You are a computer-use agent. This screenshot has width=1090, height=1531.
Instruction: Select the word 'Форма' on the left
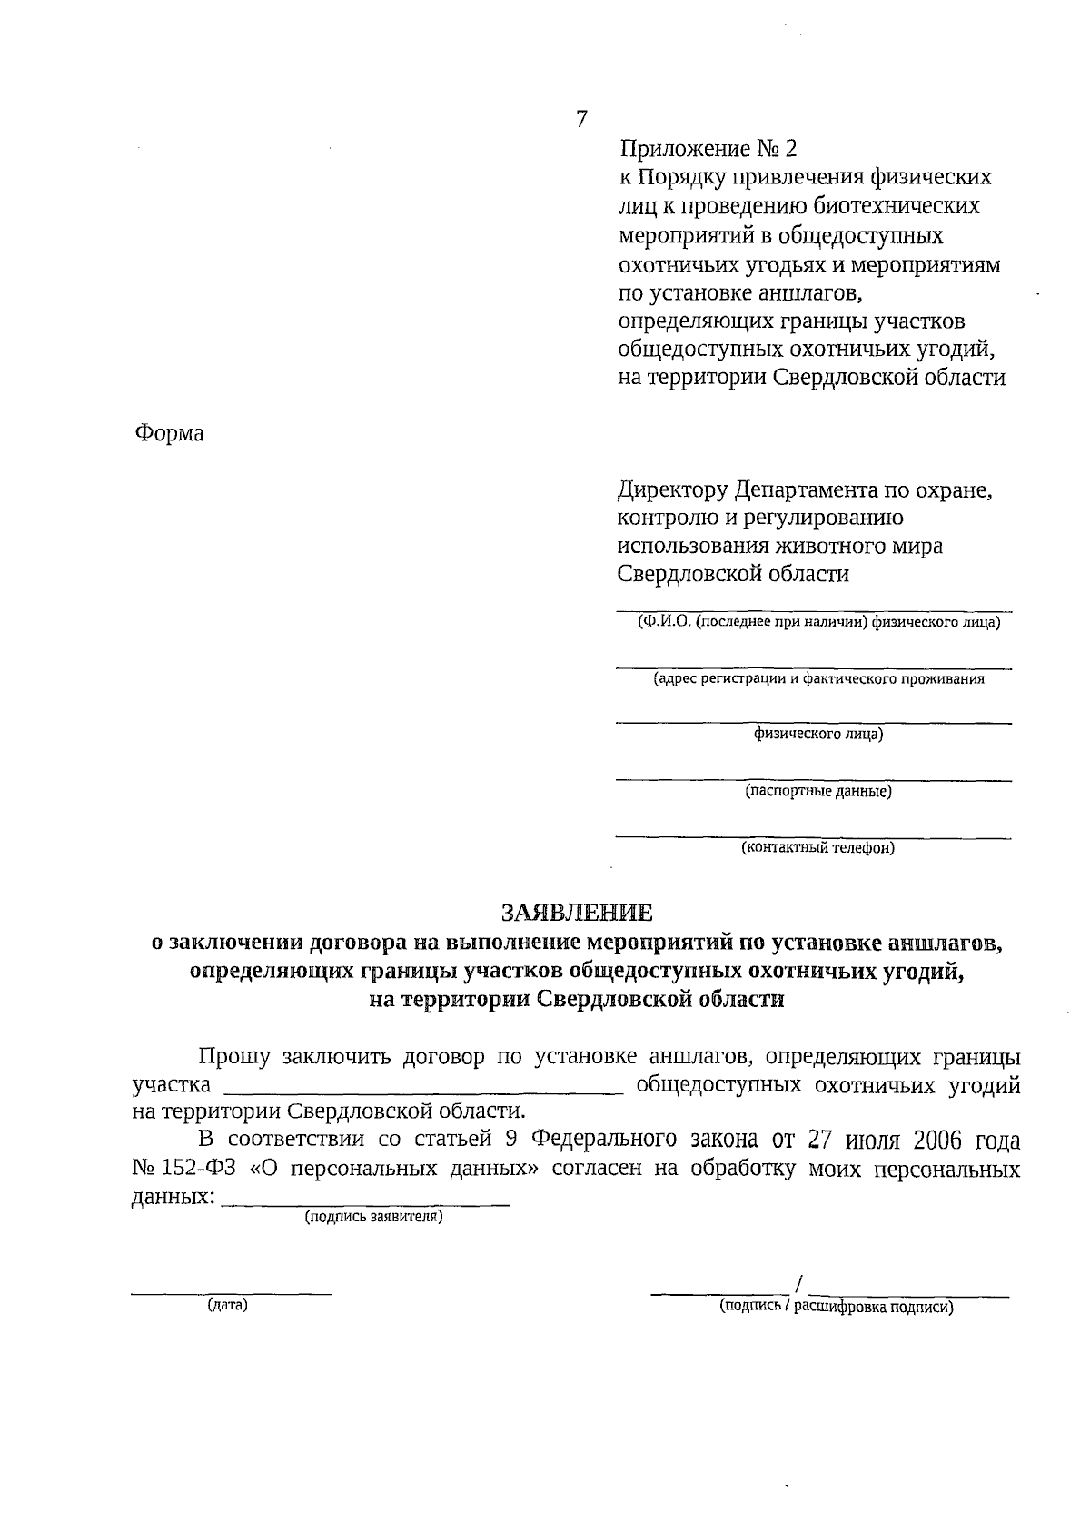pyautogui.click(x=170, y=433)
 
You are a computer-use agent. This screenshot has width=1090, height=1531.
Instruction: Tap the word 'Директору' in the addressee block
pyautogui.click(x=673, y=490)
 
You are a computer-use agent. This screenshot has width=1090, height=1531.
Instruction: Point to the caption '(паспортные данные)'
pyautogui.click(x=818, y=791)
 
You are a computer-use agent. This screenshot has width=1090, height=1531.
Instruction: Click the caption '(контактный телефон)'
pyautogui.click(x=818, y=848)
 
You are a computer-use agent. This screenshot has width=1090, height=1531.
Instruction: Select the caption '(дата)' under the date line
pyautogui.click(x=227, y=1306)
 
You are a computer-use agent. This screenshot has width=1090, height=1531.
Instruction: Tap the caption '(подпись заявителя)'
pyautogui.click(x=373, y=1217)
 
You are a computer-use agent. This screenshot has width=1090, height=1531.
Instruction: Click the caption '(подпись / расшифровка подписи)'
pyautogui.click(x=836, y=1308)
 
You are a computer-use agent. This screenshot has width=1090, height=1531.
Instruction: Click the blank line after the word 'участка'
pyautogui.click(x=423, y=1094)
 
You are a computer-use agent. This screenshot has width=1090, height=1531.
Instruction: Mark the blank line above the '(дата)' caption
pyautogui.click(x=232, y=1292)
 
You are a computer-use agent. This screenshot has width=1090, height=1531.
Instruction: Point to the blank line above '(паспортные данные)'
pyautogui.click(x=814, y=779)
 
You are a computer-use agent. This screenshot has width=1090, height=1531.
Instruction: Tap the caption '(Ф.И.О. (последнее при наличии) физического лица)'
pyautogui.click(x=818, y=622)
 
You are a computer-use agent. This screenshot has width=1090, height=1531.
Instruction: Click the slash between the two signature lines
pyautogui.click(x=798, y=1283)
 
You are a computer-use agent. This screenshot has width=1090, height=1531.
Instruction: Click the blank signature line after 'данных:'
pyautogui.click(x=365, y=1204)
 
